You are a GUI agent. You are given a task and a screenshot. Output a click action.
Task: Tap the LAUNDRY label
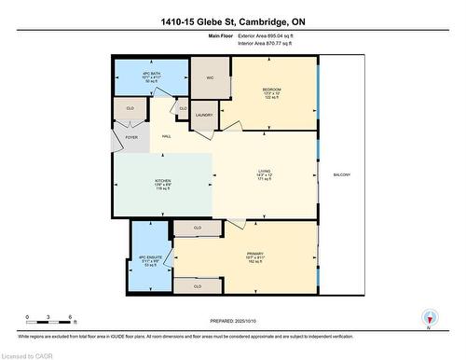point(203,116)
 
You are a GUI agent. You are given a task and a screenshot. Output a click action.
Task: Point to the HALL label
point(166,136)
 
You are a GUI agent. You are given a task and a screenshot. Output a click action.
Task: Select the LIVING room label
point(265,172)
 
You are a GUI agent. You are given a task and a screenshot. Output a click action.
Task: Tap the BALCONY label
point(342,175)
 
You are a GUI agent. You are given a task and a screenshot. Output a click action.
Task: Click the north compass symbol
point(429,316)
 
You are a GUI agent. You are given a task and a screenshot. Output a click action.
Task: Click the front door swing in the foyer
point(117,145)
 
